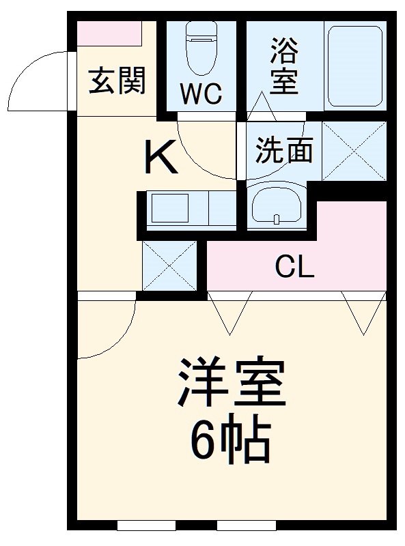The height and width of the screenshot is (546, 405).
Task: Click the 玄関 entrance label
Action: point(117,82)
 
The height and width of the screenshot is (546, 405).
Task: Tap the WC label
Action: point(201,94)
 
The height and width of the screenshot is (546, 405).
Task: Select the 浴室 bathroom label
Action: point(284,65)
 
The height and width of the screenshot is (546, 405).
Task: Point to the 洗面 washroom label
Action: point(284,150)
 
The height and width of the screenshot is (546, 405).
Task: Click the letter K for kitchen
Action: point(162,158)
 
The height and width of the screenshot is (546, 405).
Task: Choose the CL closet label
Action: point(294,267)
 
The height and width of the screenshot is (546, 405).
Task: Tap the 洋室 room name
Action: point(230,388)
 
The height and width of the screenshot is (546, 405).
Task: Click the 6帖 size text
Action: point(230,442)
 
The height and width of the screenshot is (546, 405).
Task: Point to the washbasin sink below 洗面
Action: point(276,205)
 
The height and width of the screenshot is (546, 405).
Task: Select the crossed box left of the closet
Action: point(169,265)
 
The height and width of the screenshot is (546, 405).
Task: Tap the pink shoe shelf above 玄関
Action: point(109,33)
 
